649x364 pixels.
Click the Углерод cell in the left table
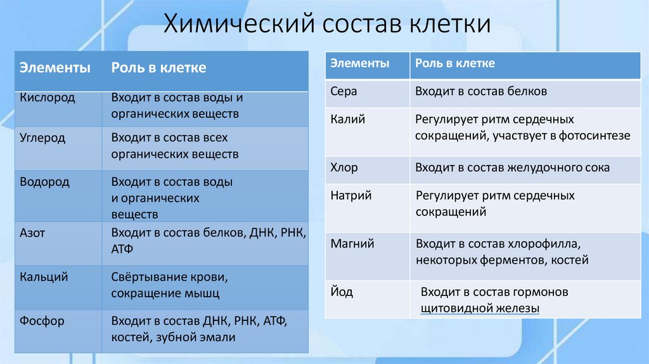point(42,138)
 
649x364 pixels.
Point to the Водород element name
point(44,182)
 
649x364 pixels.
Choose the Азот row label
point(32,233)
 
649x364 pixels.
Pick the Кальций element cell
point(44,277)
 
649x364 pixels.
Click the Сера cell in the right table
point(344,91)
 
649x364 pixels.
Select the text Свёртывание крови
point(169,277)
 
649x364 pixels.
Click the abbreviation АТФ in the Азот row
point(122,249)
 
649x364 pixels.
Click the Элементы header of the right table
point(360,63)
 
